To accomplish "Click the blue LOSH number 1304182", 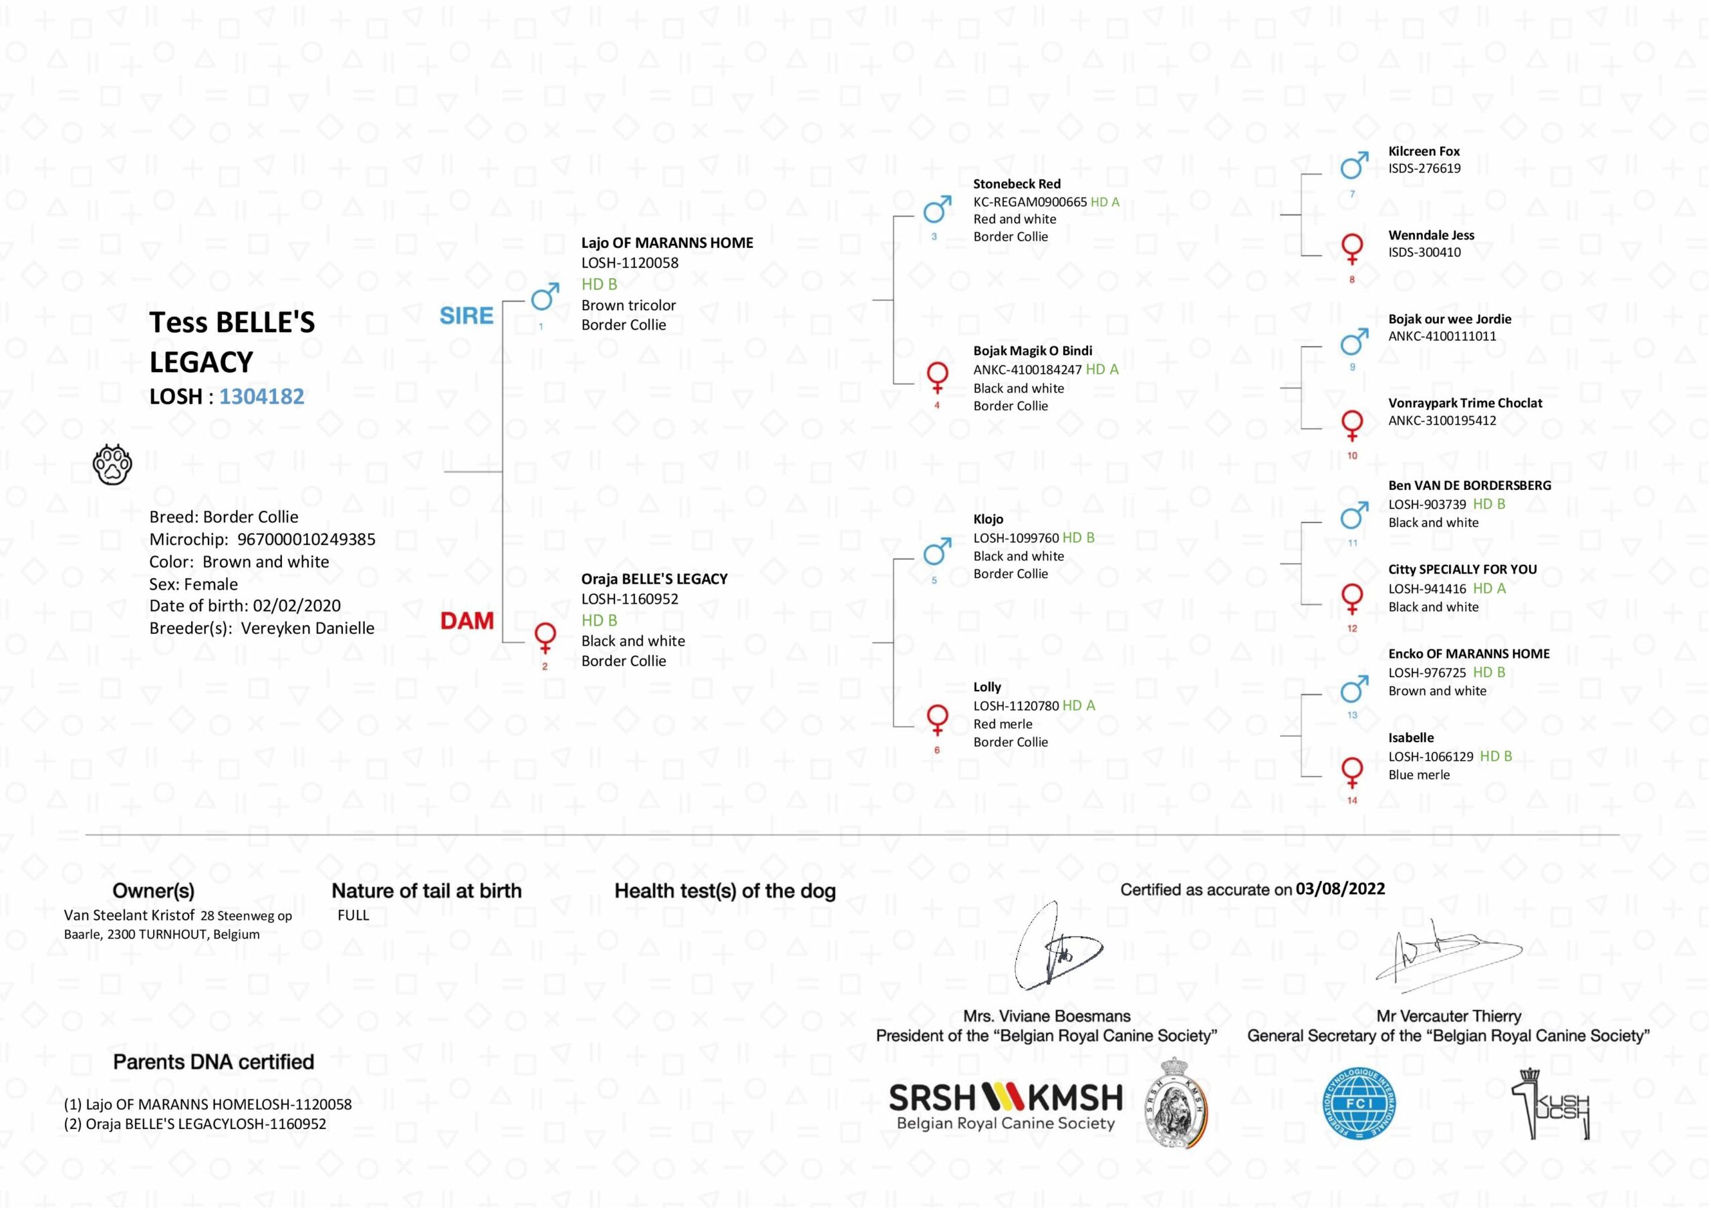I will [261, 396].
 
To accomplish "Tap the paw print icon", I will [112, 465].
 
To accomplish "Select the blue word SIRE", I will [466, 316].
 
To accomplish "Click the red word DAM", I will [467, 621].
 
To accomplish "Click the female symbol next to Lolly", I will [937, 719].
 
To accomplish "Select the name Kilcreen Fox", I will [1424, 151].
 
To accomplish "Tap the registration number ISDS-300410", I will [1424, 252].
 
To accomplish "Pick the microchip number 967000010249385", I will [306, 539].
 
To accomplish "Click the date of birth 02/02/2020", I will [297, 606].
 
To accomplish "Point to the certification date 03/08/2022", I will [1340, 888].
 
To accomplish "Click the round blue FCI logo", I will [1359, 1105].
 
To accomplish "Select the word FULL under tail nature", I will [354, 915].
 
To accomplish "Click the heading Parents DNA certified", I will [213, 1062].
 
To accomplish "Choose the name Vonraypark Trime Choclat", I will [1464, 403].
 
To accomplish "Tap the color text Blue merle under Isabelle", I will [1419, 775].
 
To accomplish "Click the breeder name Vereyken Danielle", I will [307, 628].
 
